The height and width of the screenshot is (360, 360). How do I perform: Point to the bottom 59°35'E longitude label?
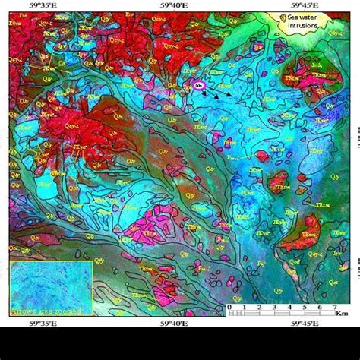coord(46,321)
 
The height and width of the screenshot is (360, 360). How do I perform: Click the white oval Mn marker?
coord(200,87)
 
